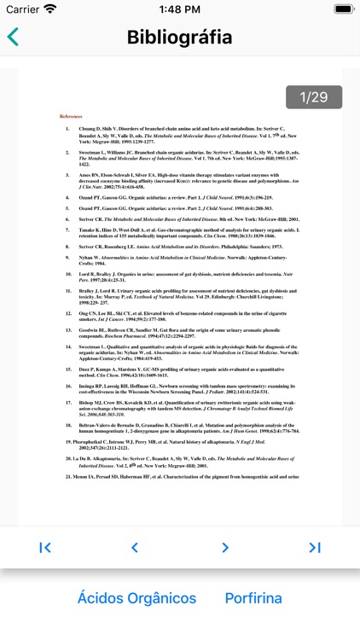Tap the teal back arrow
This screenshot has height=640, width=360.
pyautogui.click(x=13, y=37)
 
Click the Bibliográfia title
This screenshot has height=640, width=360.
pyautogui.click(x=179, y=37)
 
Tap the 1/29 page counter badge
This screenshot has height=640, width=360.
pyautogui.click(x=306, y=96)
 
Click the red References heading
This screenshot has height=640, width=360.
pyautogui.click(x=71, y=116)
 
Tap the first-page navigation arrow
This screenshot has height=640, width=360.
pyautogui.click(x=45, y=548)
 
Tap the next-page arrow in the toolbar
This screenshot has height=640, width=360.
pyautogui.click(x=225, y=548)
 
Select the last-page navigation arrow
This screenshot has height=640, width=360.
pyautogui.click(x=315, y=548)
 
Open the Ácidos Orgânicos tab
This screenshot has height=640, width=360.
pyautogui.click(x=136, y=597)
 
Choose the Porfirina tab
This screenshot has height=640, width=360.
pyautogui.click(x=253, y=597)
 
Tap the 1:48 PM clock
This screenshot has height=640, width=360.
pyautogui.click(x=179, y=9)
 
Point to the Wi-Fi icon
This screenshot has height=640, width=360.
pyautogui.click(x=50, y=9)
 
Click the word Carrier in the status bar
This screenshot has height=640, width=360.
pyautogui.click(x=21, y=9)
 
